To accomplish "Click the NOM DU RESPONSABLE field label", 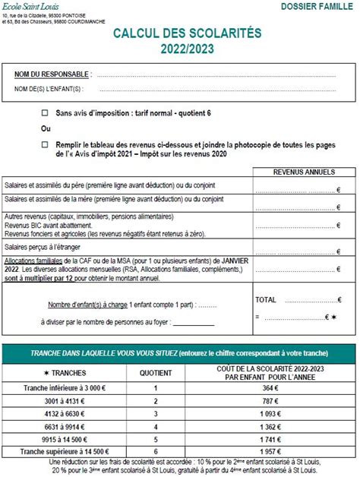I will pyautogui.click(x=52, y=74).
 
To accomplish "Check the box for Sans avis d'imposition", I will pyautogui.click(x=45, y=113).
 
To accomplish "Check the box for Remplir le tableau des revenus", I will pyautogui.click(x=45, y=144).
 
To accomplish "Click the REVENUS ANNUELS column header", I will pyautogui.click(x=304, y=172).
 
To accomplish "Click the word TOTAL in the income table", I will pyautogui.click(x=266, y=300).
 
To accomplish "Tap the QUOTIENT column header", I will pyautogui.click(x=156, y=373).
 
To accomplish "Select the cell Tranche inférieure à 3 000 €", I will pyautogui.click(x=65, y=388).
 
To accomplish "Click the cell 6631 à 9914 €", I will pyautogui.click(x=65, y=427).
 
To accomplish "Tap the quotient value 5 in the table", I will pyautogui.click(x=156, y=440).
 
